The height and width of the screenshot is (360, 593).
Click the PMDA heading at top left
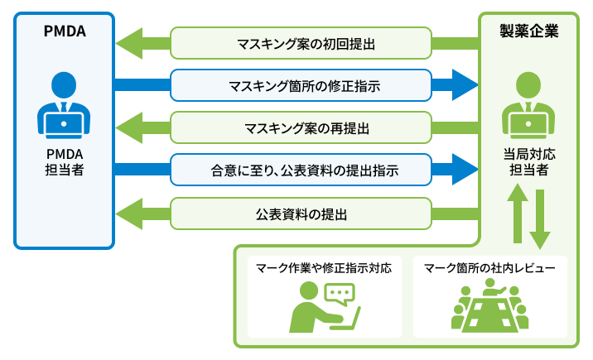click(65, 33)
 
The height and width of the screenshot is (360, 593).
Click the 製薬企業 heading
click(528, 33)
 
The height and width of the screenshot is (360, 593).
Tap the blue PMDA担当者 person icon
click(65, 103)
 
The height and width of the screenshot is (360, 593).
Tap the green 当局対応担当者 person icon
click(528, 103)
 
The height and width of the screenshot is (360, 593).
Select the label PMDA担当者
click(65, 161)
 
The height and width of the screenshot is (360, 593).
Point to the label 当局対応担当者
click(528, 161)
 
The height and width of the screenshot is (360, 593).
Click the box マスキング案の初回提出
click(301, 43)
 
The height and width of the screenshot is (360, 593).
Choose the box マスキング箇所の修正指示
click(301, 84)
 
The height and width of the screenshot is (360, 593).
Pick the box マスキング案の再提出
click(301, 127)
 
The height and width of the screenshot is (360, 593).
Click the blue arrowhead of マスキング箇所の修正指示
click(465, 84)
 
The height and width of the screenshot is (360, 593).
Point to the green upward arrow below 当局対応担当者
click(518, 211)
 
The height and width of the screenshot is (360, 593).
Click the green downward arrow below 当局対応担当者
click(540, 219)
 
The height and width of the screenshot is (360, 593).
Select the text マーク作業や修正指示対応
click(323, 268)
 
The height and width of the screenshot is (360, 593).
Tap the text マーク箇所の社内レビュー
click(490, 268)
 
